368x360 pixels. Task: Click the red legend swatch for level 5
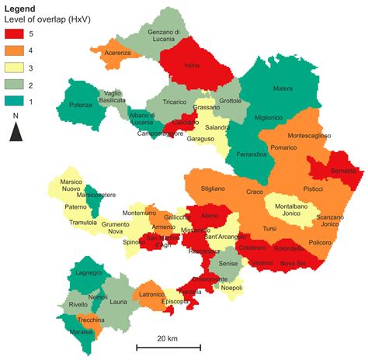[16, 34]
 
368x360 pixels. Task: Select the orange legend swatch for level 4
[16, 50]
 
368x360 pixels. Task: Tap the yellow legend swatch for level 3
[16, 67]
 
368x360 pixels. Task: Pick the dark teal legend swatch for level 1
[16, 101]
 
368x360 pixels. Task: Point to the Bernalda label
[341, 170]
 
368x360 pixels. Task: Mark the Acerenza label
[118, 53]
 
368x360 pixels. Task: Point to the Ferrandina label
[251, 155]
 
